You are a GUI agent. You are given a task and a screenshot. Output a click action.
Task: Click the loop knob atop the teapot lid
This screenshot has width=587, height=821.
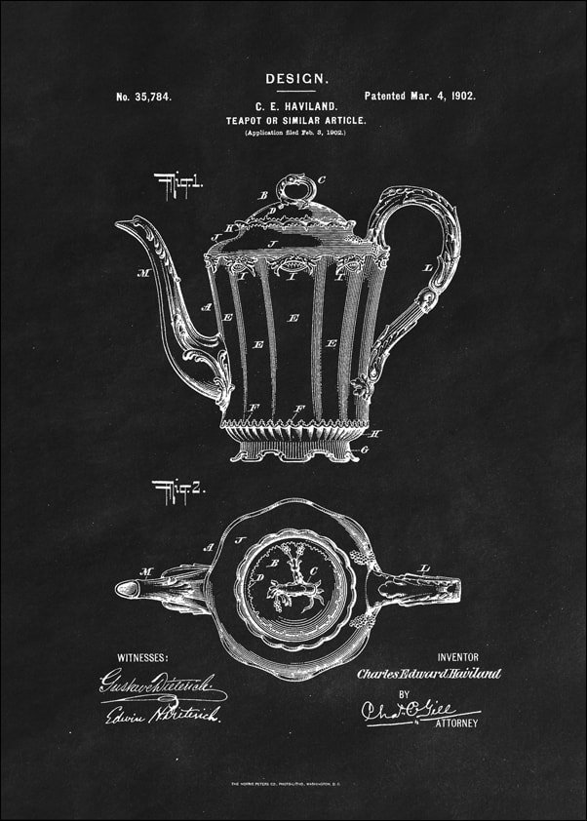coord(296,184)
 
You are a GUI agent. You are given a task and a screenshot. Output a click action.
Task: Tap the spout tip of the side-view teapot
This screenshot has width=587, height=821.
coord(122,225)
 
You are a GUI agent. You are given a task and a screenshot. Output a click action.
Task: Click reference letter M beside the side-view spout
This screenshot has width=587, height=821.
coord(142,273)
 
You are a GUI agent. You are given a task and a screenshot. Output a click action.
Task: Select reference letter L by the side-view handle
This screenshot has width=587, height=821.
coord(427,267)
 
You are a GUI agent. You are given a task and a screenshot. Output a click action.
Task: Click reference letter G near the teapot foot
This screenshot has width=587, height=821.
coord(363,450)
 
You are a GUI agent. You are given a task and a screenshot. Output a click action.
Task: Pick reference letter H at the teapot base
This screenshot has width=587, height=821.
coord(376,433)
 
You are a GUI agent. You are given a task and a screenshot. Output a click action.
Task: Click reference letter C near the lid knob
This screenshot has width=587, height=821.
coord(322,180)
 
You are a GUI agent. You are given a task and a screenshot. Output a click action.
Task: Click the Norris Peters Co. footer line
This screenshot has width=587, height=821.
coord(293,785)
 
